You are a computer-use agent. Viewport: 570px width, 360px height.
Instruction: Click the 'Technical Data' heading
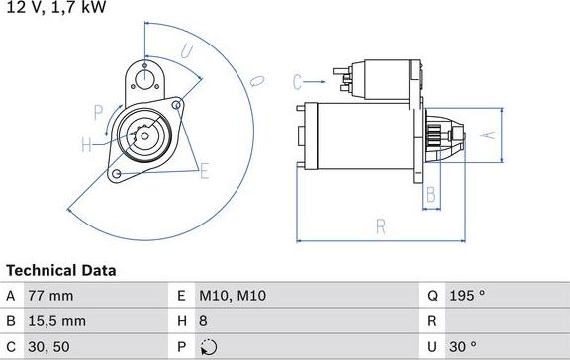(x=61, y=270)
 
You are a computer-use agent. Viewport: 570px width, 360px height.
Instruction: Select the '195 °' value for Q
(x=468, y=296)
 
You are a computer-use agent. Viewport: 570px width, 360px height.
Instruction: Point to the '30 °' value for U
(x=464, y=347)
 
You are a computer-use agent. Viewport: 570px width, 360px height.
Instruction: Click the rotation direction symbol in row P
(x=207, y=347)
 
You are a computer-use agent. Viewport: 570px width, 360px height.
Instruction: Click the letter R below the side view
(x=380, y=226)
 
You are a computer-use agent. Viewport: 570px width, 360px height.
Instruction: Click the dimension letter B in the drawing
(x=430, y=194)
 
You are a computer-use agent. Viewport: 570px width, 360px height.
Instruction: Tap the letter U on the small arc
(x=185, y=51)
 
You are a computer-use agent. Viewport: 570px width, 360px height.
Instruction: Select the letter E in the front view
(x=204, y=173)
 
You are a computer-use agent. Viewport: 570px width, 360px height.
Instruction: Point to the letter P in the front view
(x=98, y=111)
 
